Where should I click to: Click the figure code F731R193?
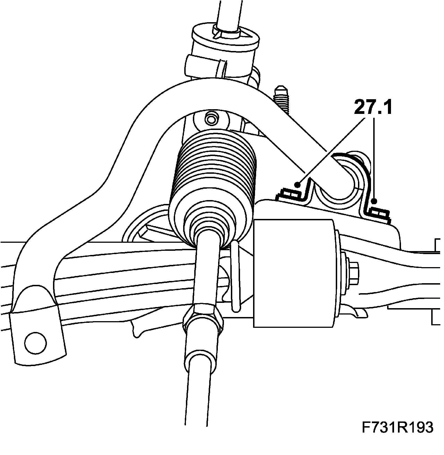pyautogui.click(x=397, y=427)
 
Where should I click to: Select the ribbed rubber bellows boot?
pyautogui.click(x=214, y=183)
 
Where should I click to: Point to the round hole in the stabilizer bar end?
pyautogui.click(x=36, y=342)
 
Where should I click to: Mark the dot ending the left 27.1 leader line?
pyautogui.click(x=298, y=184)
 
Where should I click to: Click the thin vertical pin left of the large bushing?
pyautogui.click(x=235, y=277)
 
